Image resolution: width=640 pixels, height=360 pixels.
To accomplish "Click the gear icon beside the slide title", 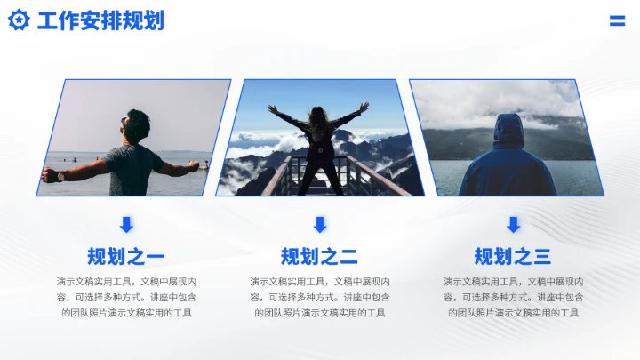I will pos(19,20).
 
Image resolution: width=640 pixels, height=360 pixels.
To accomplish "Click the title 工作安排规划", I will pos(100,20).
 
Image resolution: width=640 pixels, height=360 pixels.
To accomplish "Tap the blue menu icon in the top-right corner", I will pos(617,21).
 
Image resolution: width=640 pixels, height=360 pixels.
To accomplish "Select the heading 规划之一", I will pos(126,257).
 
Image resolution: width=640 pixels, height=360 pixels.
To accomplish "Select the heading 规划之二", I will pos(319,257).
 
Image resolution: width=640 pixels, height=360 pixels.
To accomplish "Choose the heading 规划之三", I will pos(513,257).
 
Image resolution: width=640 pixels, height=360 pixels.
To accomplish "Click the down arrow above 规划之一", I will pos(126,224).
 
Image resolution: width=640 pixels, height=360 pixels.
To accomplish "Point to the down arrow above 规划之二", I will pos(320,224).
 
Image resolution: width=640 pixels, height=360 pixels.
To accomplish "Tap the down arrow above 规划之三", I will pos(513,224).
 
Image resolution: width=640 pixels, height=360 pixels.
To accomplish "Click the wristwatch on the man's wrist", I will pos(60,175).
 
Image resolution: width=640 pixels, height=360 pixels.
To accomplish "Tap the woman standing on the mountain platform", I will pos(319,147).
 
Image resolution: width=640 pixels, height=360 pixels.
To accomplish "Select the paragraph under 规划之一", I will pos(126,297).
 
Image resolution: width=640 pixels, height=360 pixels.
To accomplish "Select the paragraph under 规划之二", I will pos(319,297).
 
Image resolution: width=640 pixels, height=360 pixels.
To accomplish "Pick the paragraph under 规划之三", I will pos(513,297).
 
